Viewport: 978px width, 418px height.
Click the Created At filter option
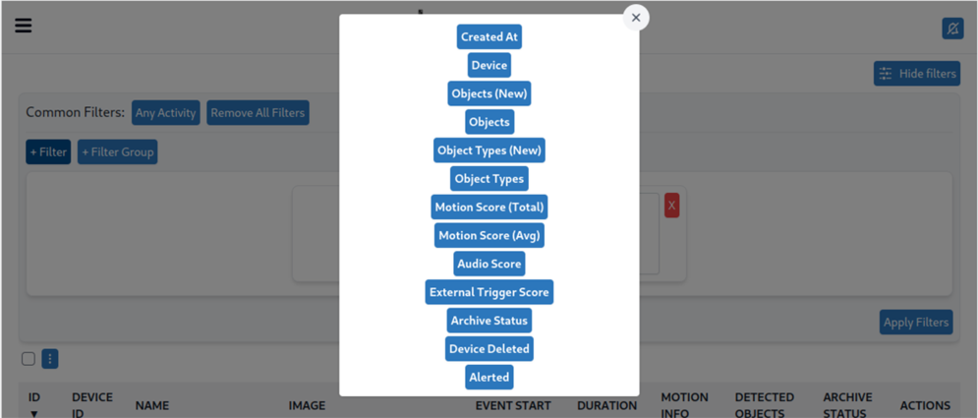click(489, 37)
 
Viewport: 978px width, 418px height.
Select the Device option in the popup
click(489, 66)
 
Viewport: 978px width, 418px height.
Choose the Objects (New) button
click(489, 94)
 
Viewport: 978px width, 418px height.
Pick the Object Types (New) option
click(489, 150)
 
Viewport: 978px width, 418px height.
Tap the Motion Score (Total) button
click(489, 208)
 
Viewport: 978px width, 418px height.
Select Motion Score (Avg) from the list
click(489, 236)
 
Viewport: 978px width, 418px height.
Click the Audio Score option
click(489, 264)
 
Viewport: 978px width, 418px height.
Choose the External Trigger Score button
click(489, 292)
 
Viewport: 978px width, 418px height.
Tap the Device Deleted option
click(489, 349)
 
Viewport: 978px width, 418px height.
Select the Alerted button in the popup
click(489, 377)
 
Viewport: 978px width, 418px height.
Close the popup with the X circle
click(636, 18)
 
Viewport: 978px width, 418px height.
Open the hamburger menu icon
click(24, 26)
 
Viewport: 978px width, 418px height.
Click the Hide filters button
click(916, 74)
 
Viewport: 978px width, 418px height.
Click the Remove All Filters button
click(258, 113)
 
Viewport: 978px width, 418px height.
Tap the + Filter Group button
click(117, 152)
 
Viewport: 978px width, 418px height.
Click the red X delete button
click(671, 206)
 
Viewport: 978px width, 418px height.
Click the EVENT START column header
click(513, 405)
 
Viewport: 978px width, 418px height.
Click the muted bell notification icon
click(952, 29)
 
